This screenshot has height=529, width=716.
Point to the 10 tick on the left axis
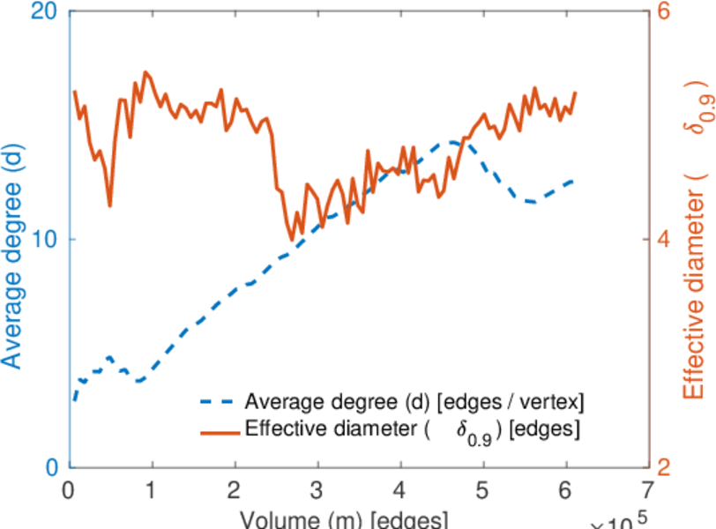[46, 240]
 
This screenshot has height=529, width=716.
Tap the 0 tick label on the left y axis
[51, 467]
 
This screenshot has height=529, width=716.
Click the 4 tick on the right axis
[662, 240]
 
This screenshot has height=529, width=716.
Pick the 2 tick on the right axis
[662, 467]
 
